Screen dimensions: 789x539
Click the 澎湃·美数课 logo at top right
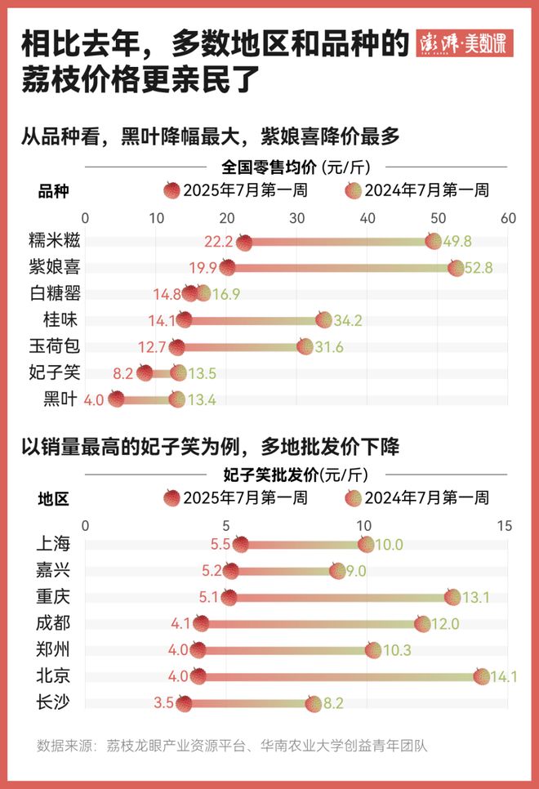[464, 43]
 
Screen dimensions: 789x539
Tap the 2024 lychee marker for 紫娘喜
[456, 268]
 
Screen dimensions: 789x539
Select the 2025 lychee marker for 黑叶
[116, 399]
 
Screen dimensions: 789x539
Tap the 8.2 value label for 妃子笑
[123, 373]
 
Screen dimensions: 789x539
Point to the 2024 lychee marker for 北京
[482, 676]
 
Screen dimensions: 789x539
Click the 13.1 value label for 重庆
[475, 597]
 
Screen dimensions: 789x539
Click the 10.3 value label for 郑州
[397, 651]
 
